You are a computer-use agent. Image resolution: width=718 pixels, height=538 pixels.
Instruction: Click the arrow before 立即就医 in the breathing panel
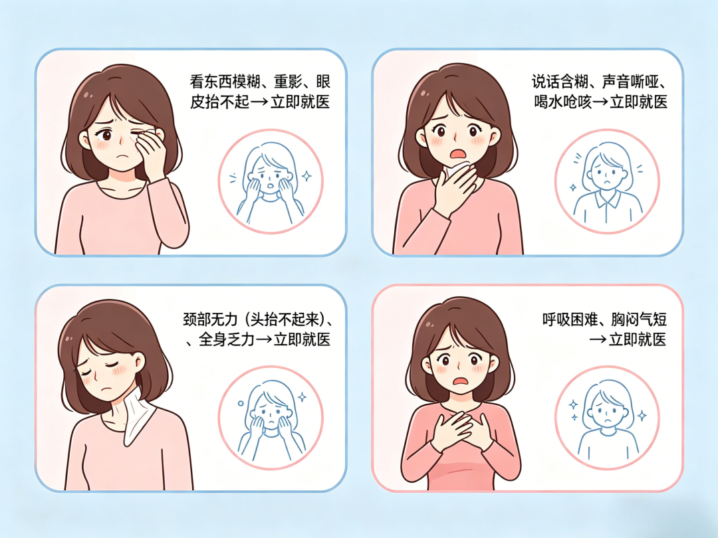tap(598, 340)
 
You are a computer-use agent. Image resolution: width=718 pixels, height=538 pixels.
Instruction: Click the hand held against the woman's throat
tap(453, 189)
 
